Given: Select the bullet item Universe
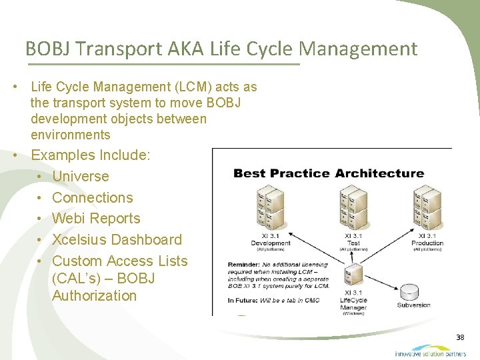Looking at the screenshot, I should [80, 177].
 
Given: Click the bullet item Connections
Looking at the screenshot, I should [92, 198].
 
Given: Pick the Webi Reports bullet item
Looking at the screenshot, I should [96, 219].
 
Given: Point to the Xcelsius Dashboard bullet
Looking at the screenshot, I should [117, 240].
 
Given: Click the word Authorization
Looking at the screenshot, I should [94, 295].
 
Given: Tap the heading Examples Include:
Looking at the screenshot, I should [91, 155].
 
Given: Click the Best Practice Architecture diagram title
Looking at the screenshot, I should [328, 173].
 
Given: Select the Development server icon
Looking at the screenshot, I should [271, 208].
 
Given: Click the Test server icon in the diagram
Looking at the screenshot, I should [353, 208].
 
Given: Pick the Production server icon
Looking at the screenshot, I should [427, 208].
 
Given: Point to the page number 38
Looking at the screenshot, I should [460, 338].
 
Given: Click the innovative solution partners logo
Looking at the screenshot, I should [431, 351].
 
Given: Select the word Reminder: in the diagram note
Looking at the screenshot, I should [244, 265].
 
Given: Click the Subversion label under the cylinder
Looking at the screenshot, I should [413, 305].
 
